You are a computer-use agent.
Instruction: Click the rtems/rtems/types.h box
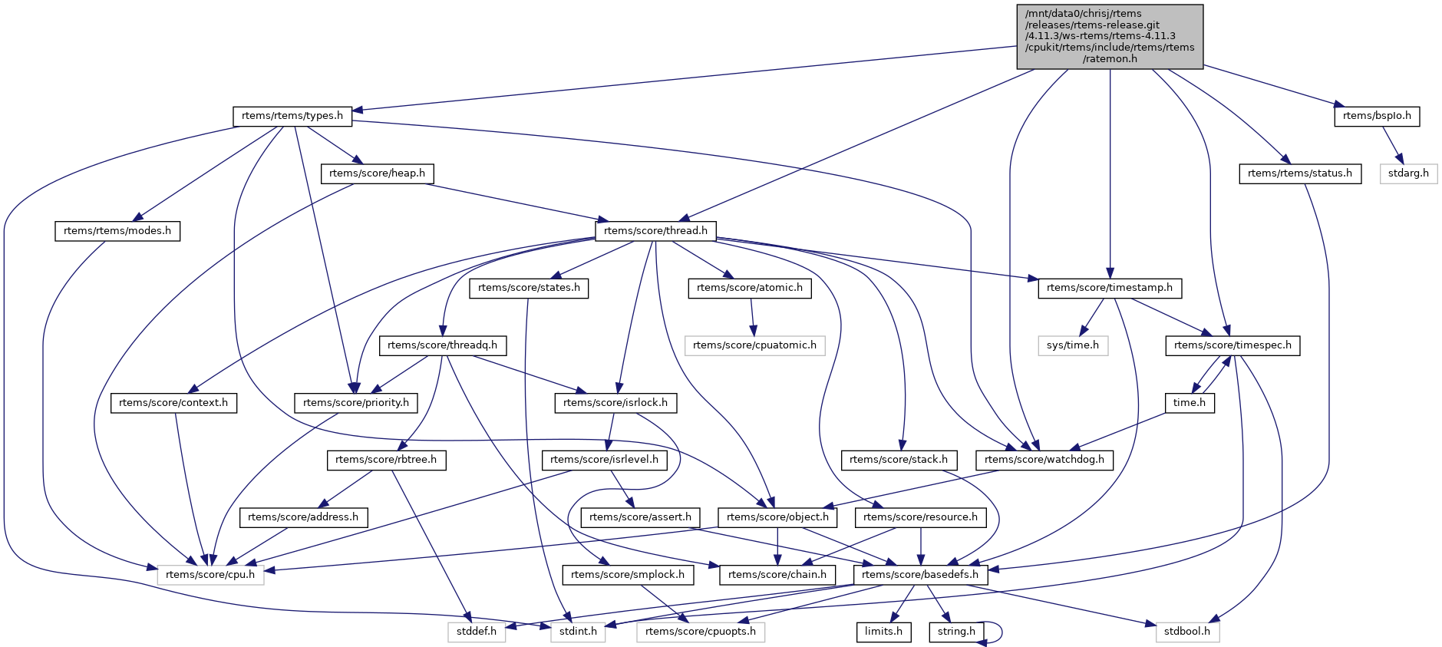coord(292,116)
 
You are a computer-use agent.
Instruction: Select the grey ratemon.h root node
coord(1110,36)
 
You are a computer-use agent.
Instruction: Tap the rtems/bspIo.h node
coord(1377,116)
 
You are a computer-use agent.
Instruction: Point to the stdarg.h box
coord(1408,173)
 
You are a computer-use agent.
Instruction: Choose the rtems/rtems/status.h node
coord(1299,173)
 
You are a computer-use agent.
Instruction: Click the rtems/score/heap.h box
coord(377,173)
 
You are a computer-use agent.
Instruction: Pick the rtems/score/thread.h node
coord(656,230)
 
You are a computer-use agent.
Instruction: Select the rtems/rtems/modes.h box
coord(117,230)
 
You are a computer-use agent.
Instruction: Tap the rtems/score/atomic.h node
coord(749,288)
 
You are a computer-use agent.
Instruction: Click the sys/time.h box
coord(1072,345)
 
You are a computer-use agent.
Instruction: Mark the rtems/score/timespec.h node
coord(1232,345)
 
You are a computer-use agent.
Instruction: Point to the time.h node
coord(1190,402)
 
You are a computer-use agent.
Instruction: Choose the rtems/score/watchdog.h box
coord(1044,460)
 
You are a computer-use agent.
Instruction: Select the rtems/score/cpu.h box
coord(210,574)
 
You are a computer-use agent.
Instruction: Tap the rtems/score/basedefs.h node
coord(920,574)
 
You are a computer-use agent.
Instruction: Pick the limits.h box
coord(883,632)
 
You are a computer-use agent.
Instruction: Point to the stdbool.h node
coord(1186,632)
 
